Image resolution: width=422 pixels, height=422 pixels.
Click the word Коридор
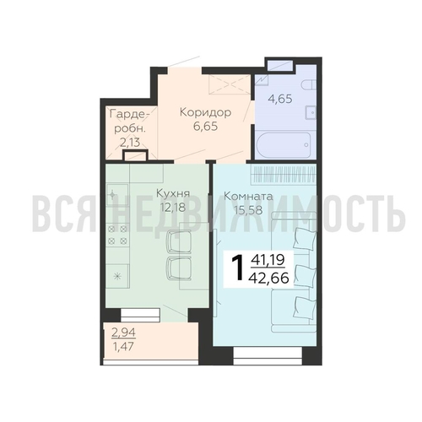tap(205, 112)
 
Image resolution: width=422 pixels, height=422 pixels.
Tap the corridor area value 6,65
tap(205, 127)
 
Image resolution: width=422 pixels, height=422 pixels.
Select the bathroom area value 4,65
tap(280, 99)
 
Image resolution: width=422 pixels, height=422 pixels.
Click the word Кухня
tap(173, 194)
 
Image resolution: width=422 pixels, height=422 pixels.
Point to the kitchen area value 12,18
tap(173, 208)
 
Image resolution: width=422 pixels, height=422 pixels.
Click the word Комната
tap(248, 197)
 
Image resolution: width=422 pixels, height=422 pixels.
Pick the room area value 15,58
tap(248, 210)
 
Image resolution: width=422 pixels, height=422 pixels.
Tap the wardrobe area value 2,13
tap(130, 143)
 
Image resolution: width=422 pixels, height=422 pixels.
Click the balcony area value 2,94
tap(123, 333)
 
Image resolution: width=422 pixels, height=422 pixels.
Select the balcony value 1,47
tap(123, 346)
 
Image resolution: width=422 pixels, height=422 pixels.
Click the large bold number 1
tap(236, 268)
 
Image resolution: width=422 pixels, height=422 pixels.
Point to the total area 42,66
tap(268, 279)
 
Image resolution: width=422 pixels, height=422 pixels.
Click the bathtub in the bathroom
tap(284, 145)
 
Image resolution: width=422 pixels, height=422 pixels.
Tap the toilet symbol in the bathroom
tap(309, 84)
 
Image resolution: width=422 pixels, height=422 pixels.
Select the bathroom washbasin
tap(311, 113)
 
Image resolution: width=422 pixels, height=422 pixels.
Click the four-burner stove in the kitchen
tap(117, 235)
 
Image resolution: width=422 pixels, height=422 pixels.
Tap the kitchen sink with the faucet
tap(117, 194)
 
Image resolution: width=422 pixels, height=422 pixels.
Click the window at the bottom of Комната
tap(268, 355)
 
